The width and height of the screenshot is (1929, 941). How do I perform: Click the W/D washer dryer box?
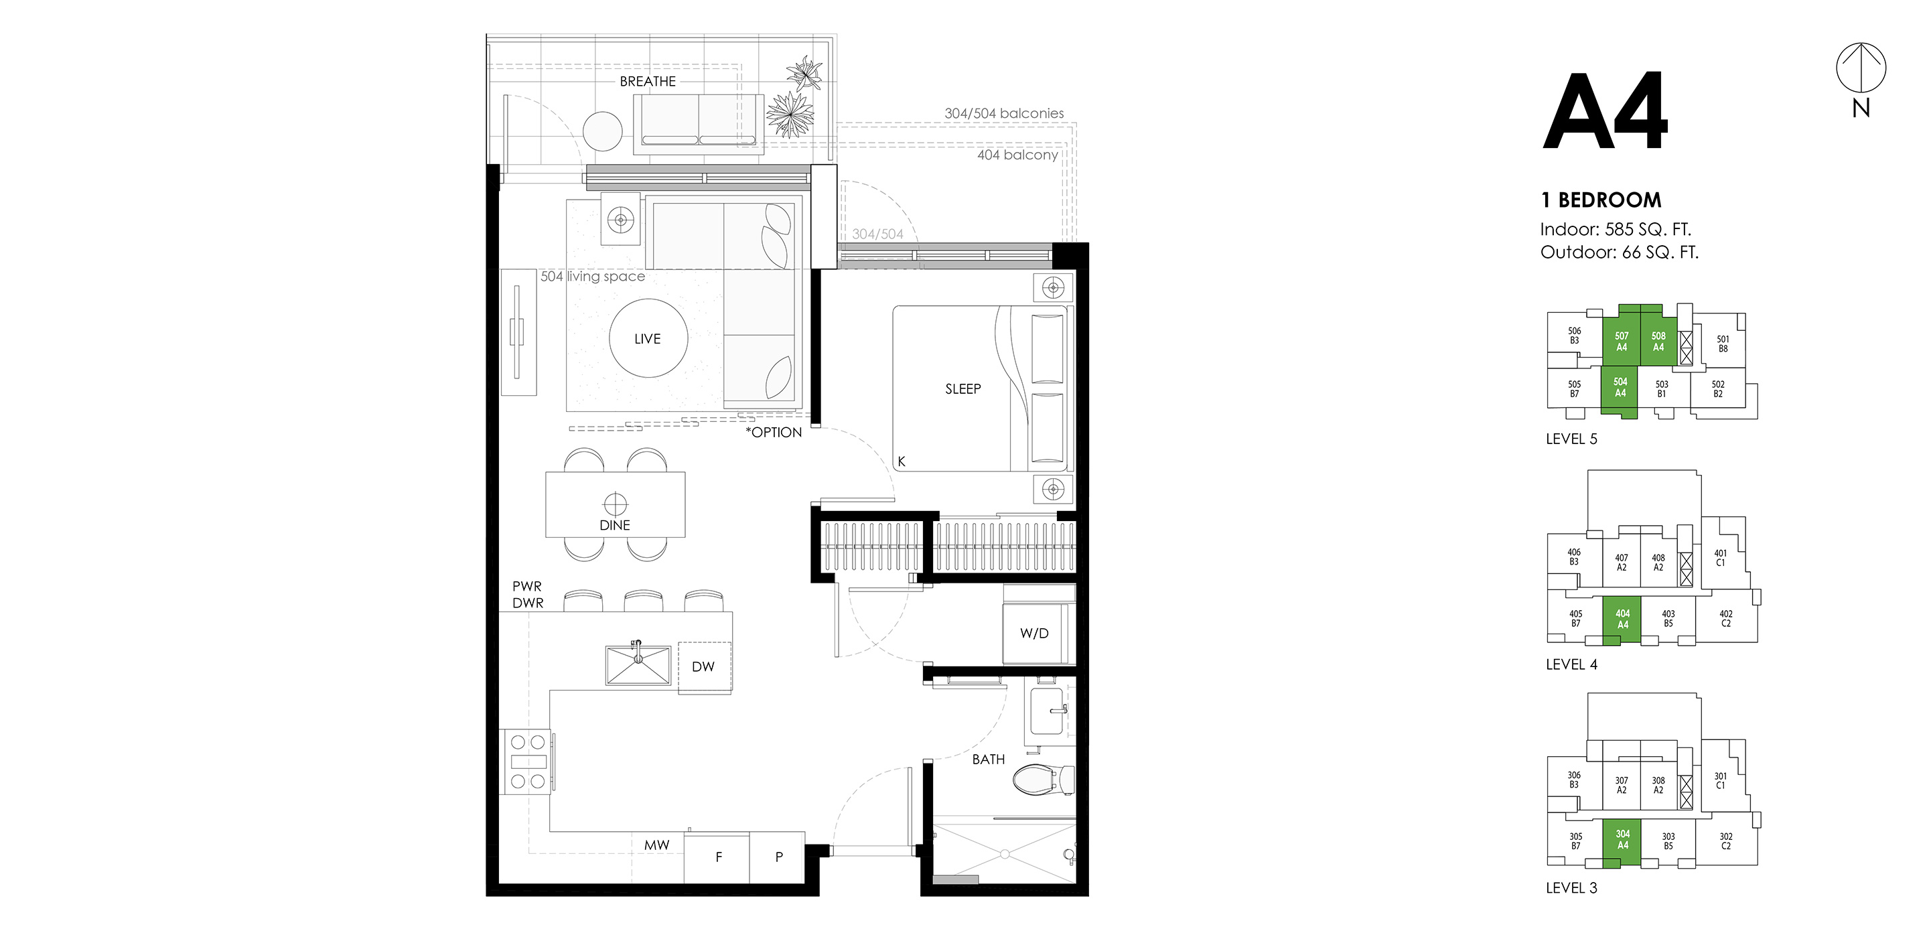click(1034, 634)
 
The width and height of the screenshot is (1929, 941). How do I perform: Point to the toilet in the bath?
click(1040, 780)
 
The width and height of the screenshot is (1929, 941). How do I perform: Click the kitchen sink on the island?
click(638, 665)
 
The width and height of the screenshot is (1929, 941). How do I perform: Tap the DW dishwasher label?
click(703, 666)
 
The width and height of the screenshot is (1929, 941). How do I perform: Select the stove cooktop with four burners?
click(528, 762)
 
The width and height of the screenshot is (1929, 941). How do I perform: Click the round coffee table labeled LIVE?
click(648, 338)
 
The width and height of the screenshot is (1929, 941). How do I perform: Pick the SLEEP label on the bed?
click(962, 388)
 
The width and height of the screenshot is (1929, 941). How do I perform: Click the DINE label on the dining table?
click(615, 525)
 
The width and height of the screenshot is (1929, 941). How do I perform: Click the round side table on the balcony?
click(603, 131)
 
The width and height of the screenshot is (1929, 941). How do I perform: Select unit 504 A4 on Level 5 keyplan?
click(1620, 388)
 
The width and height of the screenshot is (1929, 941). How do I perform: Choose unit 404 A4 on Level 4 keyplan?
click(1622, 618)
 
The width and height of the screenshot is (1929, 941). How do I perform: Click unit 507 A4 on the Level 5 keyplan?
click(1621, 342)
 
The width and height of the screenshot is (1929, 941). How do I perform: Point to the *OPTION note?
click(774, 433)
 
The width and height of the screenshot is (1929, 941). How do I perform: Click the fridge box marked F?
click(717, 857)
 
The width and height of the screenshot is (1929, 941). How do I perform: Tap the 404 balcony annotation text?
click(1017, 155)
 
